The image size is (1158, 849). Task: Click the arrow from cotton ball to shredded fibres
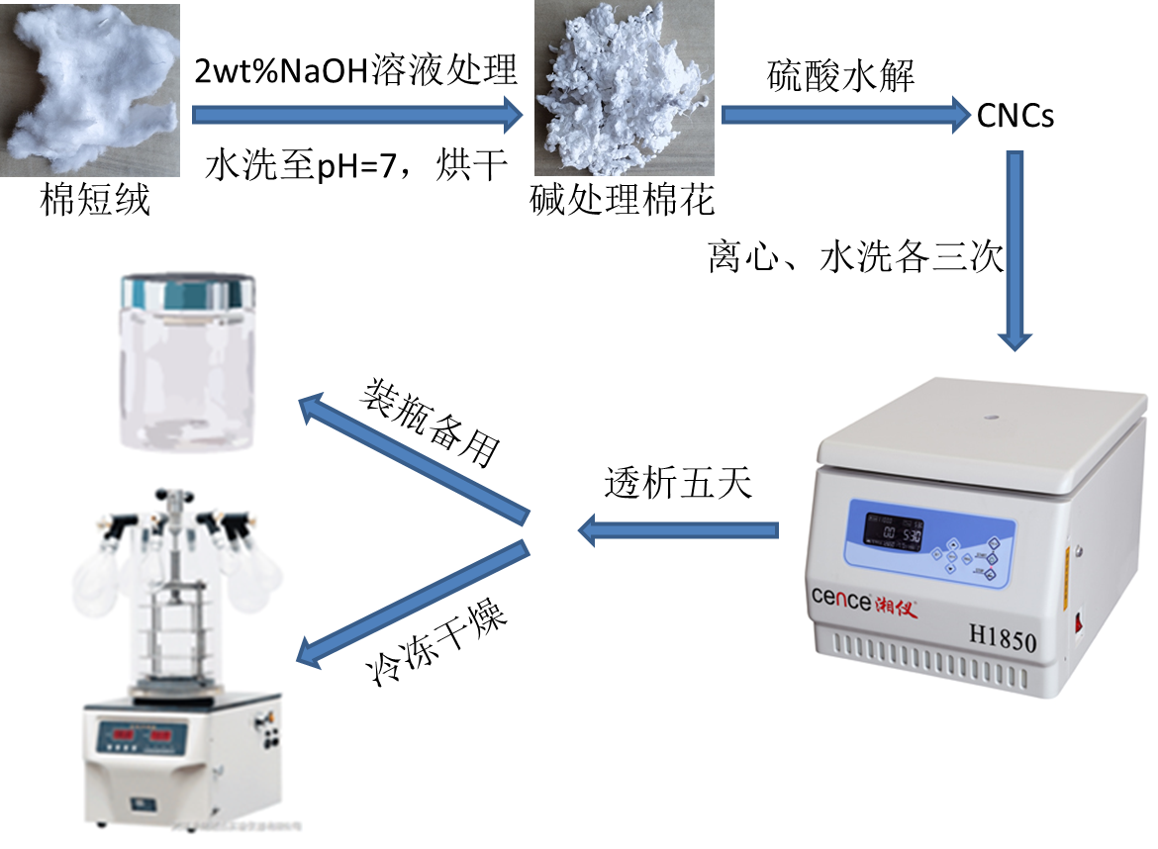(x=356, y=115)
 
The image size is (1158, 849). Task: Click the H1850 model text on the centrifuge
(x=996, y=640)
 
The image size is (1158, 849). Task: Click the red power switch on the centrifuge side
(x=1082, y=624)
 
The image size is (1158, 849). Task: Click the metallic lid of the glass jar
(x=187, y=292)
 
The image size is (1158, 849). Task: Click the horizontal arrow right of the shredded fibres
(x=845, y=115)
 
